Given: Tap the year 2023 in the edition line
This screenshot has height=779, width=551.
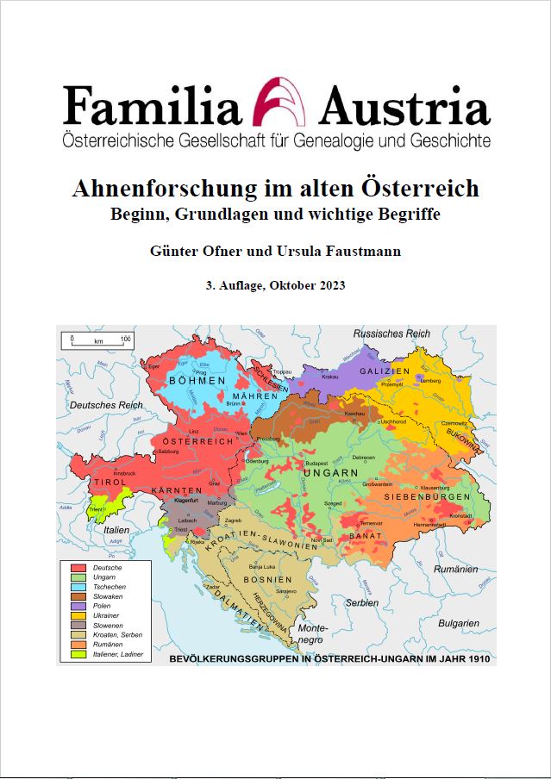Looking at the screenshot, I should pos(329,285).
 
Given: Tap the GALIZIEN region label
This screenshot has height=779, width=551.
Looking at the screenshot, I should pos(385,371).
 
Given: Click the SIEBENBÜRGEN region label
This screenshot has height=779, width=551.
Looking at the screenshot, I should pos(428,497).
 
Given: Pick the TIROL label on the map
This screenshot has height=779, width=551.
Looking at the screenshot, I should pos(109,483).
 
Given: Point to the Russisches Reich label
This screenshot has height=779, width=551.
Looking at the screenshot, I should pos(391,333).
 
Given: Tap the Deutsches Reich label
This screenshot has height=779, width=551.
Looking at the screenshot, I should pos(105,404).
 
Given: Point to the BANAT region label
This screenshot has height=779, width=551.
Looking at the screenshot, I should pos(365,536).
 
